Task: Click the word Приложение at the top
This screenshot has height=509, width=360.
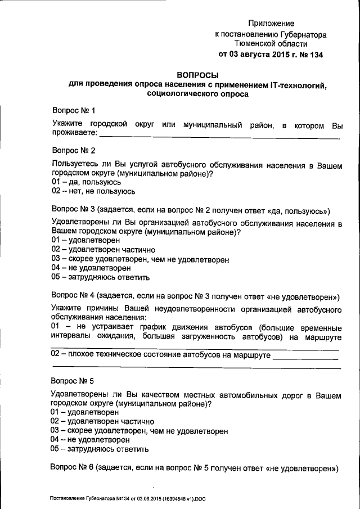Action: (272, 24)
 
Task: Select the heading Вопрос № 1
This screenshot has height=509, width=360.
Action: (73, 110)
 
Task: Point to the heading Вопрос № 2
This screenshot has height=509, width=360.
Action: (73, 151)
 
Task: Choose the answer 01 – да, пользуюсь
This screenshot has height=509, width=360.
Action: (85, 183)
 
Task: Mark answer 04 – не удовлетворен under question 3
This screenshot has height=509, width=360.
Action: (87, 268)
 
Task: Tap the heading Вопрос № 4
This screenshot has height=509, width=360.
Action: (73, 295)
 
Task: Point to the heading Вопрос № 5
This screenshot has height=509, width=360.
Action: (73, 380)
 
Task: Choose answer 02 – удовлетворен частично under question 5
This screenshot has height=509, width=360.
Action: (102, 421)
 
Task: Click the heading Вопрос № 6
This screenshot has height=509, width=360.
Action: (73, 468)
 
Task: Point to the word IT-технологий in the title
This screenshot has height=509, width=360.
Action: (292, 84)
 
